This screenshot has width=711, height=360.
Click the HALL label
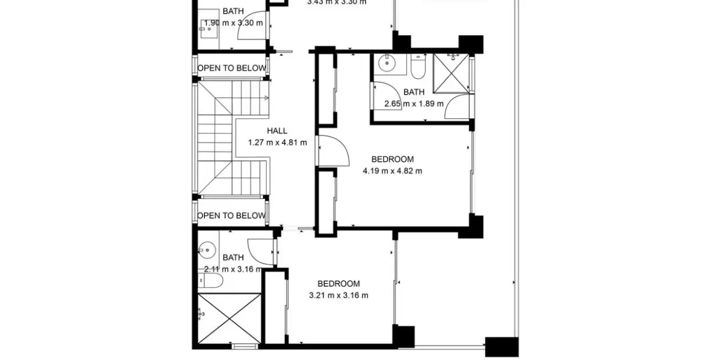pos(277,131)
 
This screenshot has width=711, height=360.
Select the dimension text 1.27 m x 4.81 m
pos(277,143)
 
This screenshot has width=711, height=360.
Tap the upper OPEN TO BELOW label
pos(231,68)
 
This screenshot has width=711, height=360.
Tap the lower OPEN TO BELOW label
pos(231,215)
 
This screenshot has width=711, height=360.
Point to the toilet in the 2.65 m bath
pos(419,67)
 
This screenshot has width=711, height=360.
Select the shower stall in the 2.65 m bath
pos(451,74)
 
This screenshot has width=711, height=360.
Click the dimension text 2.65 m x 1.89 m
pos(413,104)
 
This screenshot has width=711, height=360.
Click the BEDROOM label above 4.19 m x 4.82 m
pos(392,159)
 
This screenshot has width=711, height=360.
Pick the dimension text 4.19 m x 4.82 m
pos(392,171)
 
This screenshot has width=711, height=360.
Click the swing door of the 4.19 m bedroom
pos(333,150)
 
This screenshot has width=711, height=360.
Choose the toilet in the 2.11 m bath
pos(211,280)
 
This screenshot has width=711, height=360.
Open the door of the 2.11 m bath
pos(265,250)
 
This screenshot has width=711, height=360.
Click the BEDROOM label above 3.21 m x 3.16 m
pos(339,284)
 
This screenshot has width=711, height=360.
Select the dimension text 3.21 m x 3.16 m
pos(339,295)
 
